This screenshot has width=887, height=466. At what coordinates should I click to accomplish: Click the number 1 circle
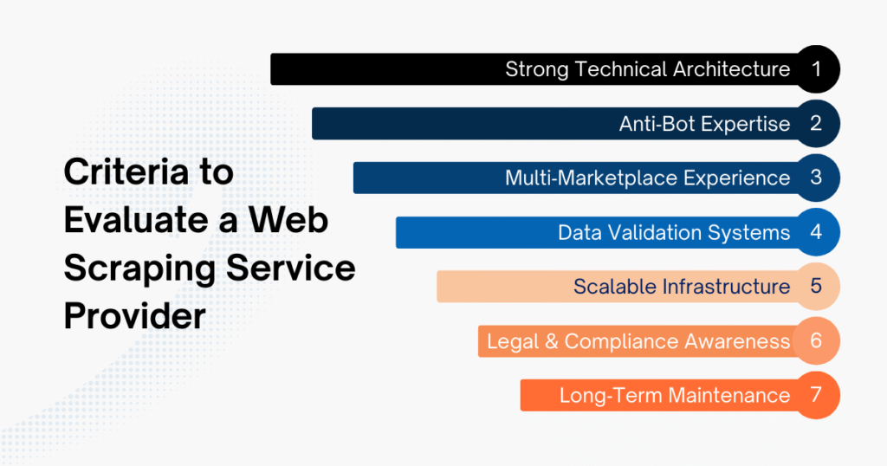point(816,69)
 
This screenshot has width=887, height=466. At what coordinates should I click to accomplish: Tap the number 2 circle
point(816,123)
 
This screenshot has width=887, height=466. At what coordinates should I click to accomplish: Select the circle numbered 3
point(816,178)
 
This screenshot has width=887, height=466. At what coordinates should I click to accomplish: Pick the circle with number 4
point(816,232)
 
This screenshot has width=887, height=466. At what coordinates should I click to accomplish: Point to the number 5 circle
point(816,286)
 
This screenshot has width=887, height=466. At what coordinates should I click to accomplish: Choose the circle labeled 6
point(816,340)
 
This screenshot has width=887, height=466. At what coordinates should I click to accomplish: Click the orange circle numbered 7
point(816,395)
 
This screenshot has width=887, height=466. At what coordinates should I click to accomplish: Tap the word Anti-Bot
point(656,124)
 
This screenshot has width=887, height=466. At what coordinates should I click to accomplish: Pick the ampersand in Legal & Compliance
point(549,341)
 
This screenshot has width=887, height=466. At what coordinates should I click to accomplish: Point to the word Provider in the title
point(134,316)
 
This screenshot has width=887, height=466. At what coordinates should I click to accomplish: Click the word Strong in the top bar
point(534,69)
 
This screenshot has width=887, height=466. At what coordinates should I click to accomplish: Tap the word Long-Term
point(606,396)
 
